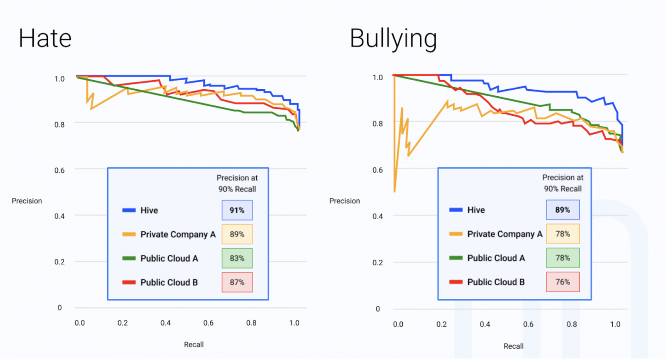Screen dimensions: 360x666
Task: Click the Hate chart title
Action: (x=45, y=38)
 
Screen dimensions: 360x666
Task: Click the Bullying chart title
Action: (x=393, y=39)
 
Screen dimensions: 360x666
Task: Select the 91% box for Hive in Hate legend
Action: (x=237, y=210)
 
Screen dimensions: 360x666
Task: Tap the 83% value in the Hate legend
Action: (x=237, y=259)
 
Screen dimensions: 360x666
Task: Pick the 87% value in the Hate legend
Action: (x=237, y=282)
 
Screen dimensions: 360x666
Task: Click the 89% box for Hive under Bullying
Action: (x=562, y=210)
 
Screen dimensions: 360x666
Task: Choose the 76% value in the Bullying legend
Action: (x=562, y=282)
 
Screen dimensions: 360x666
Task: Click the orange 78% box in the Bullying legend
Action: (x=562, y=234)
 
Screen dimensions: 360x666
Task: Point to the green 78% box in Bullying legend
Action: (x=562, y=258)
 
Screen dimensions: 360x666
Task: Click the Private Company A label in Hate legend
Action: (x=178, y=235)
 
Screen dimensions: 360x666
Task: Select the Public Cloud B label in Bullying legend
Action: (x=496, y=282)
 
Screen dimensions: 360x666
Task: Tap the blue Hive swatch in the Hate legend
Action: (x=129, y=210)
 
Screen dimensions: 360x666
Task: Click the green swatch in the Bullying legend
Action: (x=455, y=258)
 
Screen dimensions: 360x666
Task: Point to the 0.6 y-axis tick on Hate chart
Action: (x=59, y=170)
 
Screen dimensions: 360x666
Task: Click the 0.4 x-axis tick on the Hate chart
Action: (x=165, y=323)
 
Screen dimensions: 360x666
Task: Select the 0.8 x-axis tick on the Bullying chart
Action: (x=571, y=324)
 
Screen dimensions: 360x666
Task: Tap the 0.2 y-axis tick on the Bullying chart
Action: (x=378, y=263)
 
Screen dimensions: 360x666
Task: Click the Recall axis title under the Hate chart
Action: (x=193, y=344)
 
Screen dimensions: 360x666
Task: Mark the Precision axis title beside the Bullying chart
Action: (x=344, y=201)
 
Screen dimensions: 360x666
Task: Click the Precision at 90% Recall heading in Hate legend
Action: (x=237, y=183)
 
